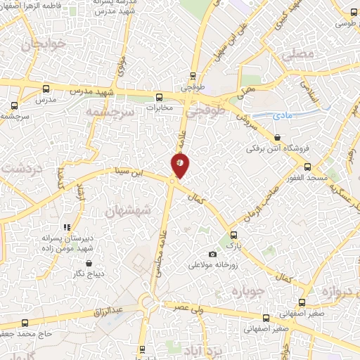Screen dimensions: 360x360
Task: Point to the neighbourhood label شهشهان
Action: pos(124,210)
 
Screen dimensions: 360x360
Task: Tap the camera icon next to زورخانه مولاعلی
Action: pos(213,254)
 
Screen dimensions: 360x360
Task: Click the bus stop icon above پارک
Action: pos(234,236)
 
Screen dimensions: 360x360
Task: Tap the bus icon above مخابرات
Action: pos(160,96)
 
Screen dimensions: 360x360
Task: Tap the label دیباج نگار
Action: pos(89,274)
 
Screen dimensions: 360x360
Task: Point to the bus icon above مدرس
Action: pos(46,89)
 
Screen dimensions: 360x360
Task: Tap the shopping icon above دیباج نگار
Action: pos(89,262)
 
